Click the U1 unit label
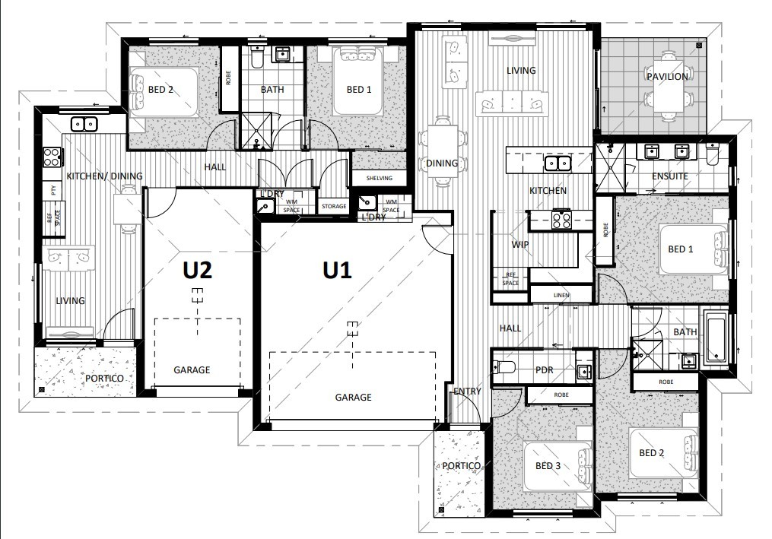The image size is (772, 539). (337, 271)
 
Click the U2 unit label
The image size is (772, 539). (196, 271)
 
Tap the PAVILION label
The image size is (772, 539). (667, 76)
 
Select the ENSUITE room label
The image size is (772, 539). (669, 176)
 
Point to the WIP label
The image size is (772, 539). (520, 245)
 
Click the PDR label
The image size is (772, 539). (544, 370)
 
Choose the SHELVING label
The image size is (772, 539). (378, 178)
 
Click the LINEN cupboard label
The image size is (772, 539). (561, 295)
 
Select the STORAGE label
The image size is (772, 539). (333, 206)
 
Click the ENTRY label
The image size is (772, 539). (467, 392)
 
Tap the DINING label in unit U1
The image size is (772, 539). (442, 163)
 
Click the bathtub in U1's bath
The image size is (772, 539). (716, 337)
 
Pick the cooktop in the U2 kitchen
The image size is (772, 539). (52, 157)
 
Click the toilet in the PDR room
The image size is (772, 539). (506, 369)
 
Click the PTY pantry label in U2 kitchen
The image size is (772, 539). (53, 191)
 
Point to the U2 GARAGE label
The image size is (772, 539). (192, 370)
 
